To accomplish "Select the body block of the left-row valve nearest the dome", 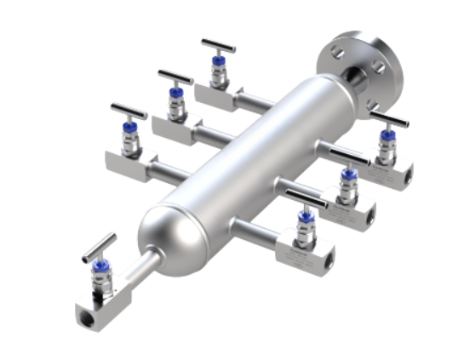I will pos(125,157).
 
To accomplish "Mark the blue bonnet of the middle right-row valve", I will pos(347,176).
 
